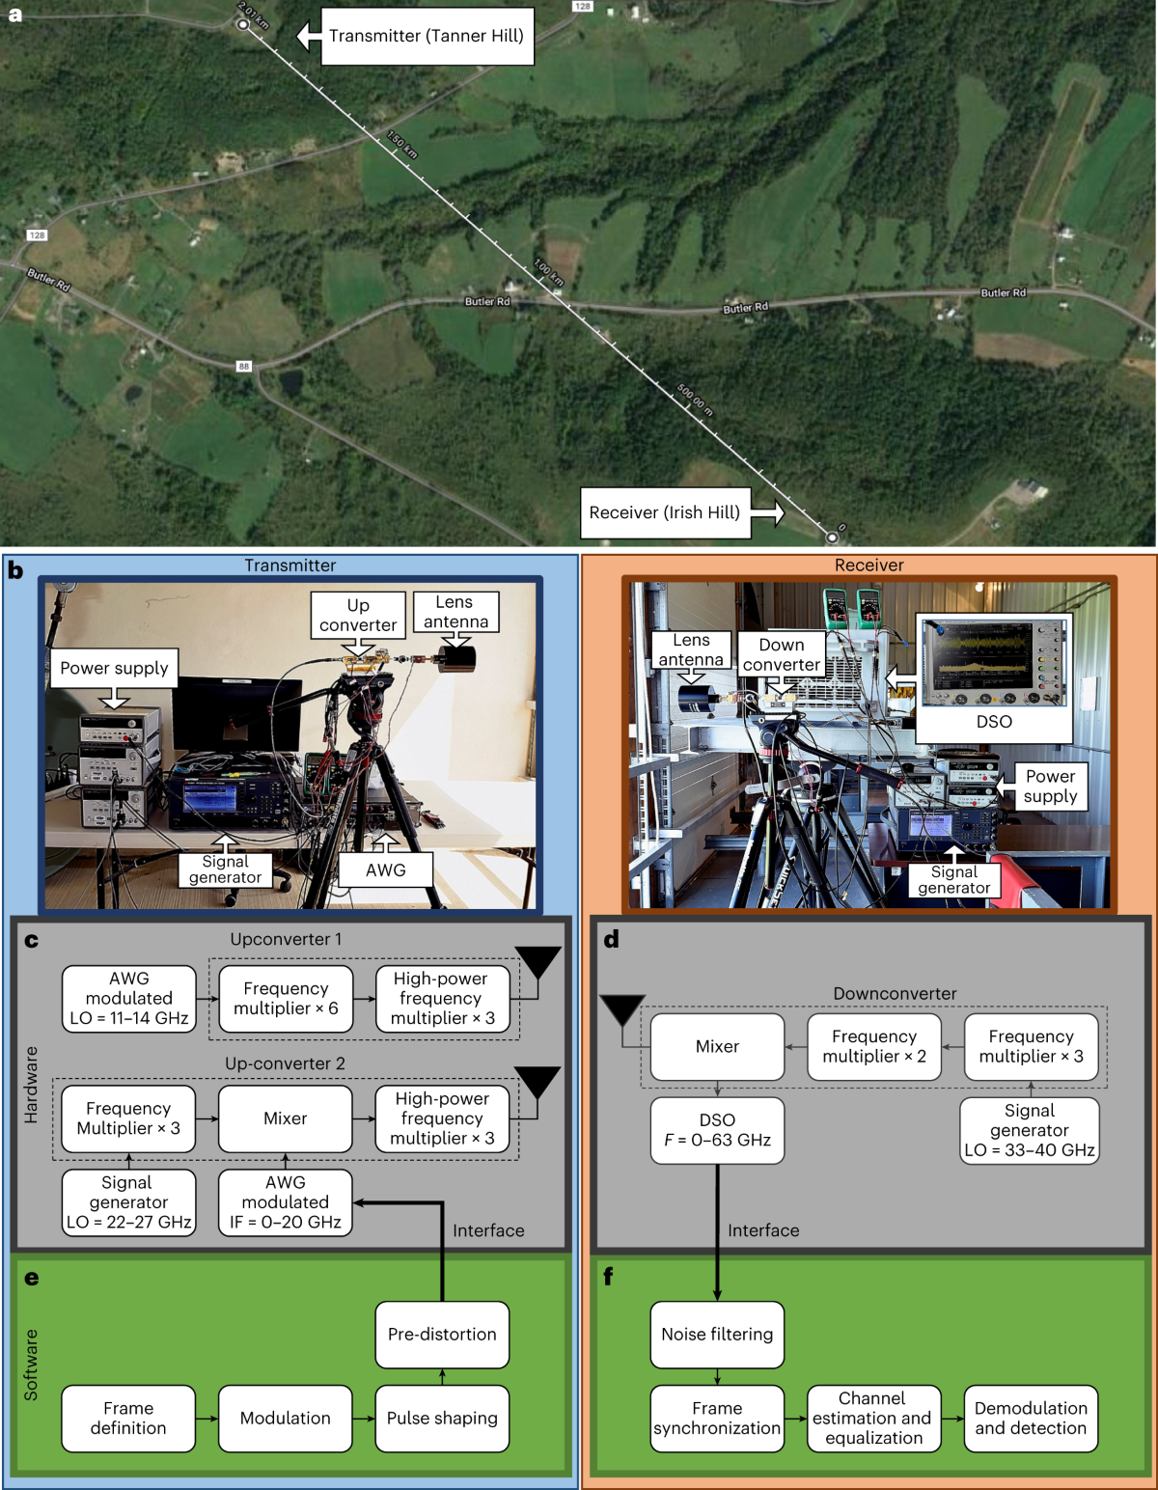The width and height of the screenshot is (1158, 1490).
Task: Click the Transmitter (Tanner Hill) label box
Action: (427, 37)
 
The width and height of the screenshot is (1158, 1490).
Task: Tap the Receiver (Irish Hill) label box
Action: (664, 512)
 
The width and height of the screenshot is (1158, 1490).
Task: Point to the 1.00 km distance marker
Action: (548, 272)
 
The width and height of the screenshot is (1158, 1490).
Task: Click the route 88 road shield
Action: (244, 366)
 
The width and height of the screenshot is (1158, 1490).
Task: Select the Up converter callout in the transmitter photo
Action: (358, 616)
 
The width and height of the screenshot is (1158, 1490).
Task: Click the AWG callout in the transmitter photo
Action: (385, 869)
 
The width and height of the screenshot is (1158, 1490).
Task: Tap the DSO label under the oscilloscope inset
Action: (994, 722)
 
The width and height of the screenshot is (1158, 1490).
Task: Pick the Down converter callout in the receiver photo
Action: (781, 654)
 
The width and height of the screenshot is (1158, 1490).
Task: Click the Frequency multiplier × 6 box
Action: (286, 999)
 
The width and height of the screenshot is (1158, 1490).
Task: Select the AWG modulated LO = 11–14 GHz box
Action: (129, 999)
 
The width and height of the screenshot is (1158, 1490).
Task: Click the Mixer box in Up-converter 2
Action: (286, 1118)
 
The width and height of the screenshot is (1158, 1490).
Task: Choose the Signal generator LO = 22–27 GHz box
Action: (128, 1202)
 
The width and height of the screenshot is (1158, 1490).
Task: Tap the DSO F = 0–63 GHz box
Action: (717, 1130)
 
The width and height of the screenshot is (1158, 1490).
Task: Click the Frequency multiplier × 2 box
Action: (874, 1046)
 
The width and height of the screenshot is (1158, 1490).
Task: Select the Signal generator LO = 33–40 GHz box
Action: (1030, 1130)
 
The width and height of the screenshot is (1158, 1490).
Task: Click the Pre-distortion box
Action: (442, 1335)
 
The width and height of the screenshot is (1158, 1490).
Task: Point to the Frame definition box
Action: (128, 1419)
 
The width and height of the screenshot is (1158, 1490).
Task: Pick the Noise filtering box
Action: (717, 1335)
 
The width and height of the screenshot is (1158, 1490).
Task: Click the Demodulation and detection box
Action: (1031, 1419)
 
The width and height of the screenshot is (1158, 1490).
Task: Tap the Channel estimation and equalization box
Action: (873, 1419)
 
